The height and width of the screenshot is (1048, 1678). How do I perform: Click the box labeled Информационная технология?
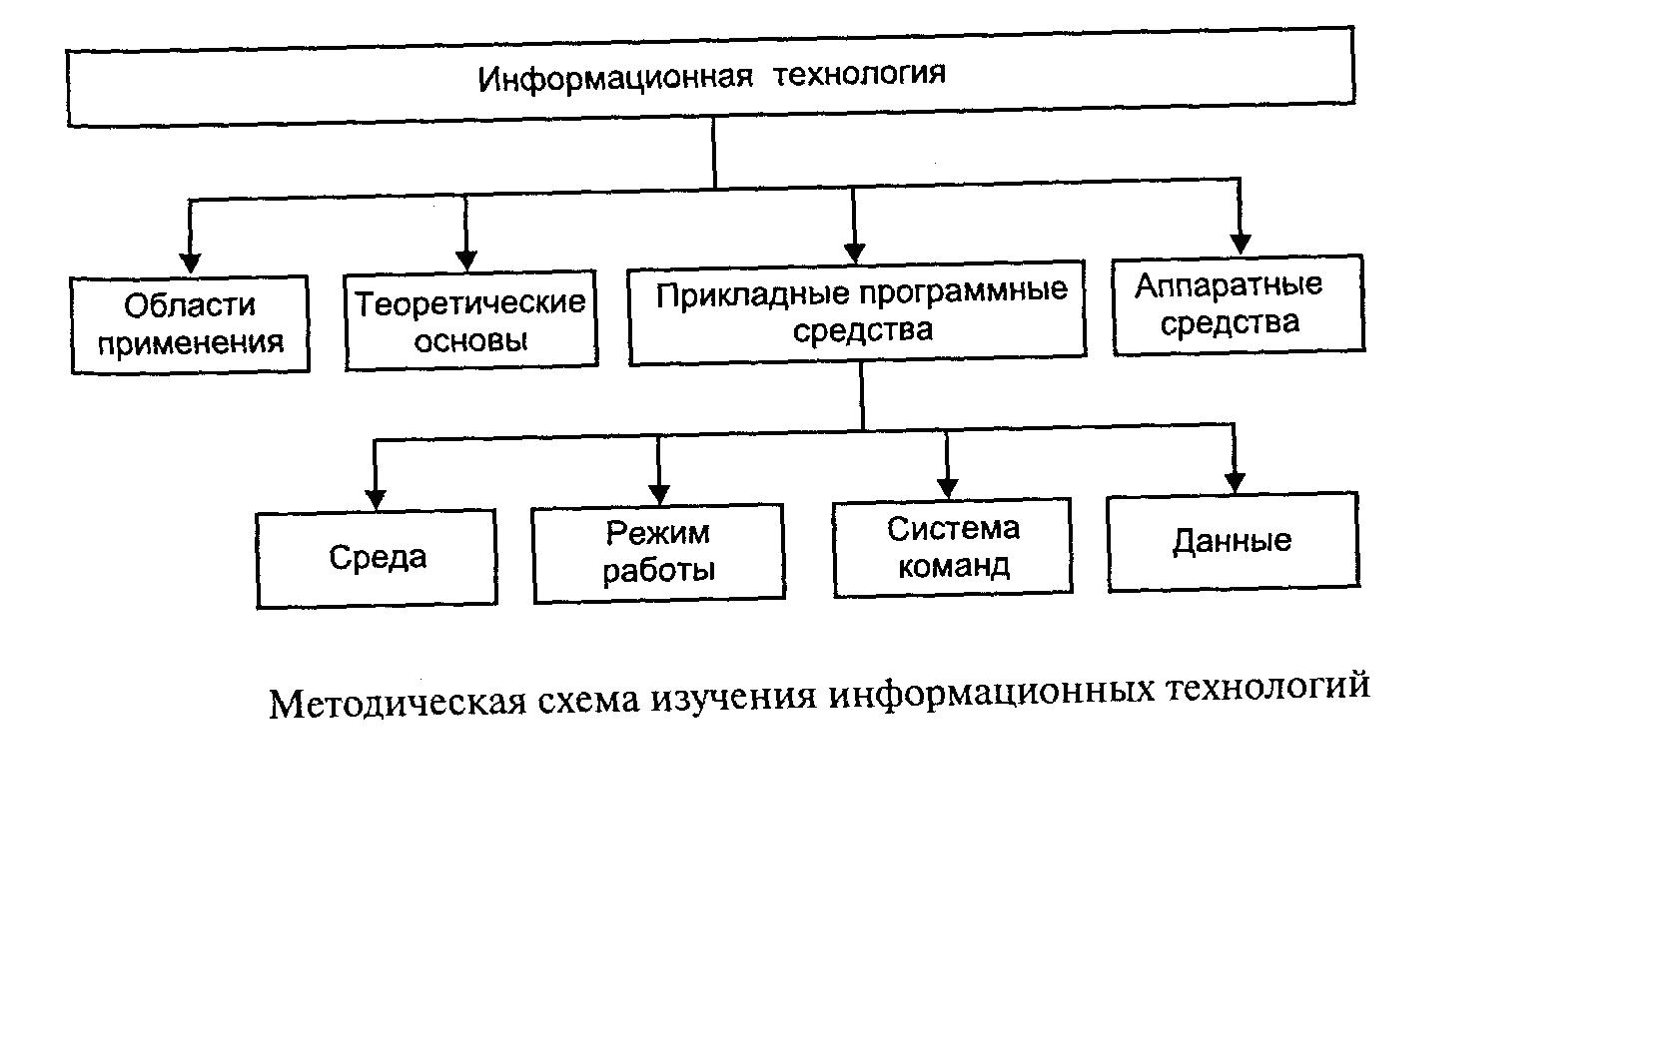[710, 76]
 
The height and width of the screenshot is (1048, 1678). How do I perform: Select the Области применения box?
[190, 324]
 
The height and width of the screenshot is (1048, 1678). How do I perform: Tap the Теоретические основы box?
[470, 320]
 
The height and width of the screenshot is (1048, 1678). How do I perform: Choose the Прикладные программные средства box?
[857, 313]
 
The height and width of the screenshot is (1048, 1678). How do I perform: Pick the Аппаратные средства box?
[1239, 304]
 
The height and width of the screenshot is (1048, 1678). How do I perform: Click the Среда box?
[376, 559]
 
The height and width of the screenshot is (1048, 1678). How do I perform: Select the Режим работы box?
[658, 553]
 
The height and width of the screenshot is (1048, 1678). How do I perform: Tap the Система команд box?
[952, 548]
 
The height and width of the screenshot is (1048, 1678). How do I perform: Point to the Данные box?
[1233, 542]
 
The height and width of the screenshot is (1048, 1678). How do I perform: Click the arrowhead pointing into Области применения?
[190, 263]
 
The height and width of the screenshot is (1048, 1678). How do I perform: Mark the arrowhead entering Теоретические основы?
[465, 260]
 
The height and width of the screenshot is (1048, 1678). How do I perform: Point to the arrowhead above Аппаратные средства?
[1241, 244]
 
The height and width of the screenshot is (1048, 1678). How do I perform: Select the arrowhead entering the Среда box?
[376, 499]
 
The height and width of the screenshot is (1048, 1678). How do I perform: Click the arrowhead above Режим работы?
[658, 494]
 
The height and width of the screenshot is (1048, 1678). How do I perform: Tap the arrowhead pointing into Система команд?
[948, 488]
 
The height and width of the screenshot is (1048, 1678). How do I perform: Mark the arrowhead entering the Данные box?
[1235, 483]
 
